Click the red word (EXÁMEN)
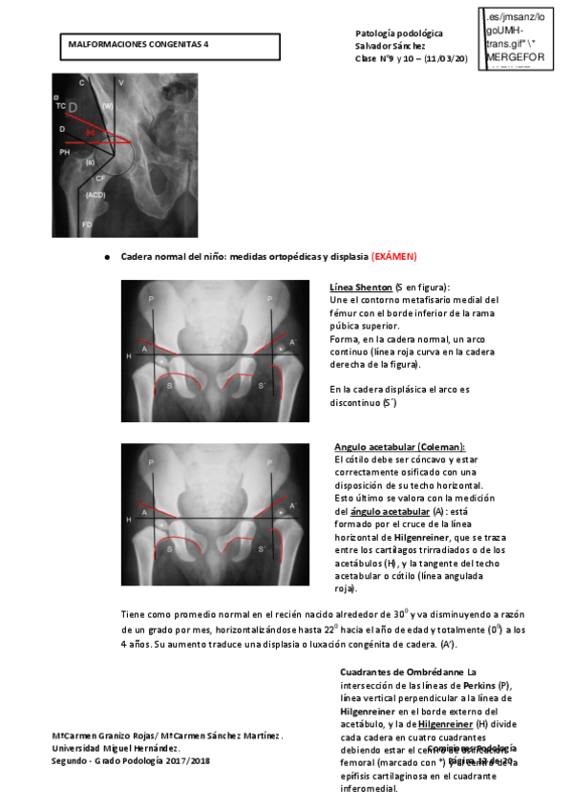point(394,257)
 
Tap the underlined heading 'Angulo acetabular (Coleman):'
point(399,447)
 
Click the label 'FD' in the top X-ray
point(87,224)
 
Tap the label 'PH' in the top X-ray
point(65,151)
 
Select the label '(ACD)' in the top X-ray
point(95,195)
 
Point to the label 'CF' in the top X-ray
point(99,179)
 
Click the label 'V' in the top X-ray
point(121,83)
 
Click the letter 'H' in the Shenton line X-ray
point(128,356)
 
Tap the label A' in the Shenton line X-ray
point(293,341)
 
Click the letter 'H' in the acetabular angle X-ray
point(128,519)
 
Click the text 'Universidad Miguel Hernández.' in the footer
point(116,748)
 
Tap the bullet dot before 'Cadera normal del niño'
point(106,258)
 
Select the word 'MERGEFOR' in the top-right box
point(515,56)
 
